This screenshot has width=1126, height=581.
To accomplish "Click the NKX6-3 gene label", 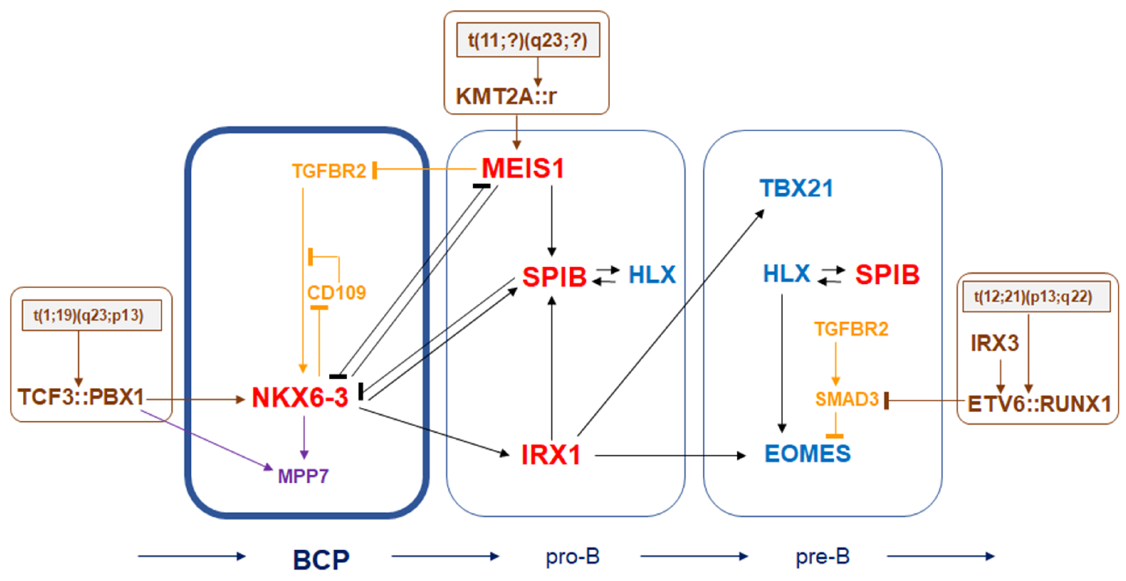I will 300,398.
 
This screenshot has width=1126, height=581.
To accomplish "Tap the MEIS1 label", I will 523,169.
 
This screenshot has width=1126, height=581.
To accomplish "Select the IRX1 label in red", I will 551,455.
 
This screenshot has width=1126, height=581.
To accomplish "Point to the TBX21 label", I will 796,188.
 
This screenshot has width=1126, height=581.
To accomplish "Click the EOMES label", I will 807,454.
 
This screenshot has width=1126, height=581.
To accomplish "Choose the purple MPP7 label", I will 303,476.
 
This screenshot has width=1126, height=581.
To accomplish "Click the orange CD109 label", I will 336,293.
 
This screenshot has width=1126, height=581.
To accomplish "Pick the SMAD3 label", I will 847,399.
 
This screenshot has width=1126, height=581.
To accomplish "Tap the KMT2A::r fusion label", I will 506,96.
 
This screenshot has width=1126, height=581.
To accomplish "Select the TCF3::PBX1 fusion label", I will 81,397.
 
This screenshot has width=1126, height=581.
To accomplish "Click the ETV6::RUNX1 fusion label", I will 1039,404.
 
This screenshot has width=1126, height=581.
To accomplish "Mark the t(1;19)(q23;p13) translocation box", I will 92,315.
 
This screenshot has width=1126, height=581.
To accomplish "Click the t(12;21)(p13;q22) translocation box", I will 1036,297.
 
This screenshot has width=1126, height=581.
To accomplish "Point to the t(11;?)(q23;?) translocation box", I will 528,40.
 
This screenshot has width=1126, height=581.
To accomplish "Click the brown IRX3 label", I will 994,343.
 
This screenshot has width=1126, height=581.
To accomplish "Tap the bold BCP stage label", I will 321,559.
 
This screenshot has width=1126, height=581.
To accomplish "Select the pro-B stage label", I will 572,557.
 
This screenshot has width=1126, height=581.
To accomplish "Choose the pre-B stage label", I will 823,557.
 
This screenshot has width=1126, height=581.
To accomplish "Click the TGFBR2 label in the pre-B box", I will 851,329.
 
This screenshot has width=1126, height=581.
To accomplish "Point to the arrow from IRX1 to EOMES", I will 669,456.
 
